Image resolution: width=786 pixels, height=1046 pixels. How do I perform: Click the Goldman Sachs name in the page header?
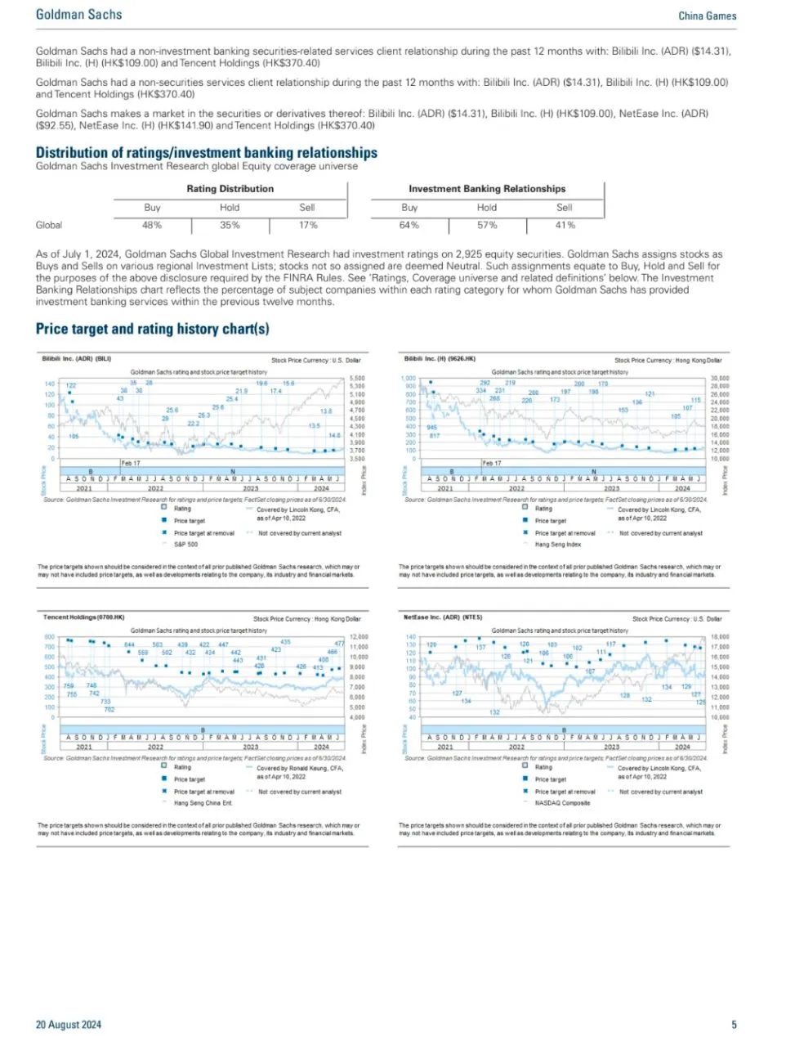(x=78, y=15)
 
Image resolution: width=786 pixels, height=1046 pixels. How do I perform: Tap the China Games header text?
(x=707, y=16)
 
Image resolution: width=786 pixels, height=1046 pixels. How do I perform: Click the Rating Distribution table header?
(x=230, y=189)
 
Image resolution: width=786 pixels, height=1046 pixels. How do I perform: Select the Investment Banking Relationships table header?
(x=487, y=189)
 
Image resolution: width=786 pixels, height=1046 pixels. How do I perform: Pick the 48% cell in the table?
(x=152, y=225)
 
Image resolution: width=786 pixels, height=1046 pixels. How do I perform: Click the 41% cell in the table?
(x=565, y=225)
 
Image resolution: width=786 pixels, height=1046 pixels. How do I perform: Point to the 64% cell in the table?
(x=409, y=225)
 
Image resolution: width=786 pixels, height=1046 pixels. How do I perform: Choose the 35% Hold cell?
(x=230, y=225)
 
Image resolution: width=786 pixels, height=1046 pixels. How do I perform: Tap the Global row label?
(x=49, y=225)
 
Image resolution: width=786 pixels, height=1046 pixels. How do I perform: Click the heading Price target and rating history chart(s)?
(x=152, y=329)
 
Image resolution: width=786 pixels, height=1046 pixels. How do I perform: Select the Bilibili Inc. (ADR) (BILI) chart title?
(x=76, y=358)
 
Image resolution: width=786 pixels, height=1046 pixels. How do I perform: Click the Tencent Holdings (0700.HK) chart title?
(x=83, y=617)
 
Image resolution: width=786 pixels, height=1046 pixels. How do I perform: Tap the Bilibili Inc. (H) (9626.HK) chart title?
(x=440, y=358)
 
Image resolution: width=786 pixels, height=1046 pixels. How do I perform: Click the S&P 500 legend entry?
(x=185, y=544)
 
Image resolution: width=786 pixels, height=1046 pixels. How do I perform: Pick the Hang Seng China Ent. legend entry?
(x=203, y=803)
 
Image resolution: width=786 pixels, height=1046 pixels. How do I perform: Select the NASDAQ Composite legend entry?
(x=562, y=803)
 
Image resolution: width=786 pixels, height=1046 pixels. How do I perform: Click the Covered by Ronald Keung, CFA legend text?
(x=300, y=769)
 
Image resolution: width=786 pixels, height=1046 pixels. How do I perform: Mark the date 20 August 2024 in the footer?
(x=69, y=1025)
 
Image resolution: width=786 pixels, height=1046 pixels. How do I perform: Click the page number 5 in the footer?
(x=734, y=1025)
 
